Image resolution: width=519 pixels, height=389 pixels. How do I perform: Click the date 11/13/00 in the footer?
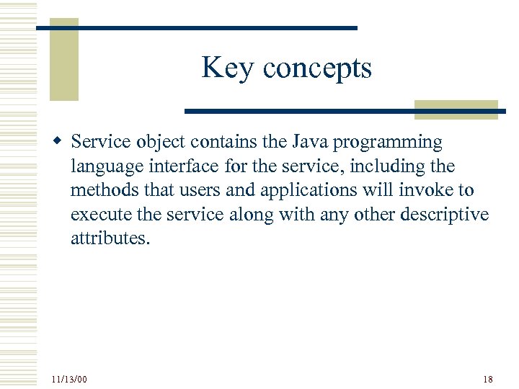[x=69, y=379]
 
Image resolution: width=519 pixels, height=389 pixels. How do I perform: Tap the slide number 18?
[x=488, y=379]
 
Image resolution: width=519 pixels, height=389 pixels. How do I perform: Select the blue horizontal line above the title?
[x=196, y=27]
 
